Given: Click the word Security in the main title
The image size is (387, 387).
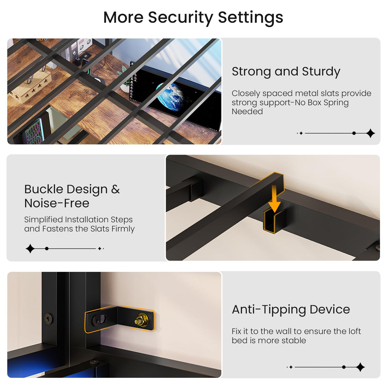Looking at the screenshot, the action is [x=180, y=18].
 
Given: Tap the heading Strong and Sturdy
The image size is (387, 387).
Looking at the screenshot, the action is [x=286, y=72].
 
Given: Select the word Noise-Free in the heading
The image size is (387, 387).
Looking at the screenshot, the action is [x=57, y=203].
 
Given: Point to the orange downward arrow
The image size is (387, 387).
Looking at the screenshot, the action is [x=274, y=198].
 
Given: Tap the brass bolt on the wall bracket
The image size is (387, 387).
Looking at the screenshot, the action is [x=142, y=320].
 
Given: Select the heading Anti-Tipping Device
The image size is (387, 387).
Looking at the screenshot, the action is [x=291, y=310].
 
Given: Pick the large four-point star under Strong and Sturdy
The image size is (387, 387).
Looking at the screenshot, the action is [x=370, y=133].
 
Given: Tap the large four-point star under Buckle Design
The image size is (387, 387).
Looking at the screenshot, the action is [x=30, y=249].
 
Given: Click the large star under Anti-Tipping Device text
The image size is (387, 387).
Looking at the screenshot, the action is [x=360, y=367].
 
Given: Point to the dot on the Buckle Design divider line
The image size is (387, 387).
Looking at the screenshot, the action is [x=47, y=249].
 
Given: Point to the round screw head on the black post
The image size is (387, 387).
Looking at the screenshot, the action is [x=48, y=318].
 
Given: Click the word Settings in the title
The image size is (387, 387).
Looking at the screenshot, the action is [x=251, y=18].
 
